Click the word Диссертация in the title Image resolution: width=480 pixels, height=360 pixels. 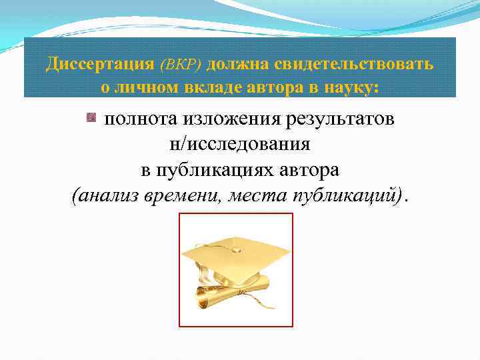tap(90, 64)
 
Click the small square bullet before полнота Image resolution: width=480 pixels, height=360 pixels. tap(91, 119)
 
